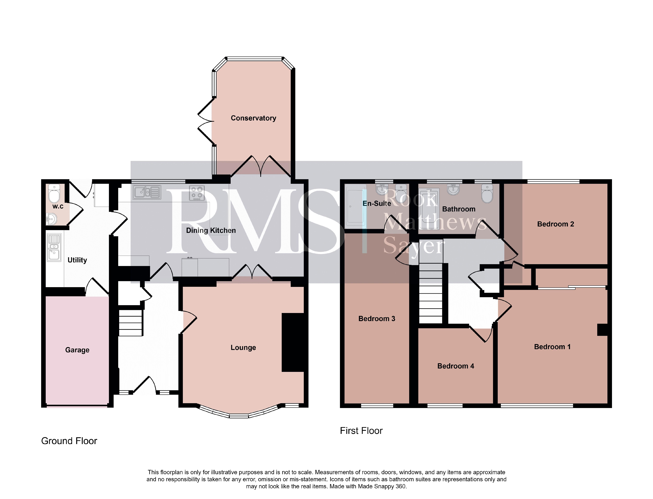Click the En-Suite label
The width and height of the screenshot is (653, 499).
coord(377,203)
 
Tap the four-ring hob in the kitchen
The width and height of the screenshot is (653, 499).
coord(197,193)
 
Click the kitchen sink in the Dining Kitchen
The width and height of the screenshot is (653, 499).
coord(147,192)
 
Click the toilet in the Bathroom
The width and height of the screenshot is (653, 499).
coord(487,194)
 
